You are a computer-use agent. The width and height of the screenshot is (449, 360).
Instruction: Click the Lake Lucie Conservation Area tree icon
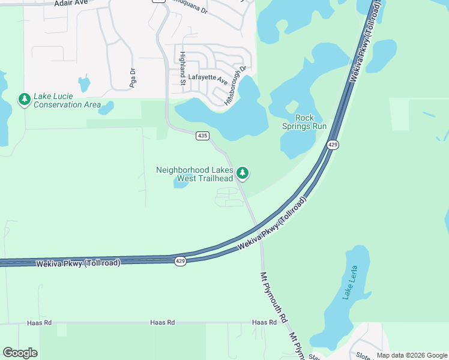(x=24, y=99)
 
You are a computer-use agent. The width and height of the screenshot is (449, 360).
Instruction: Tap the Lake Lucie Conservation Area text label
(x=67, y=101)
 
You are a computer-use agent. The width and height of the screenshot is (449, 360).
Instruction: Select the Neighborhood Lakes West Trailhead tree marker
(x=243, y=173)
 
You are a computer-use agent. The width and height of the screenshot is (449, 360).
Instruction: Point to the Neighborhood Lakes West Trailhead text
(x=194, y=174)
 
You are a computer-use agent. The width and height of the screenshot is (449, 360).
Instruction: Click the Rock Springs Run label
(x=304, y=122)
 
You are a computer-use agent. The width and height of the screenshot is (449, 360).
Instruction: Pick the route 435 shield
(x=202, y=136)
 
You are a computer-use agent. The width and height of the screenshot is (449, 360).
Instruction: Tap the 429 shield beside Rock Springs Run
(x=333, y=145)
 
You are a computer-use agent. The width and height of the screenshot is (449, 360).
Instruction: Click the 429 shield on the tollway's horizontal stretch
(x=180, y=261)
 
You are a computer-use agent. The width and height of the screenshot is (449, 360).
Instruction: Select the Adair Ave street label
(x=71, y=3)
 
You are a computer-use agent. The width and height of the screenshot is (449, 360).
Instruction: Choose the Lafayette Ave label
(x=208, y=78)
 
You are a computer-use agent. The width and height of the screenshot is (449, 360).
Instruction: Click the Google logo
(x=20, y=353)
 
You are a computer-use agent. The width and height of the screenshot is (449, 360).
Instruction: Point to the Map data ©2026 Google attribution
(x=412, y=356)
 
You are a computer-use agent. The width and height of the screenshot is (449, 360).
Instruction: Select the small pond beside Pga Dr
(x=84, y=83)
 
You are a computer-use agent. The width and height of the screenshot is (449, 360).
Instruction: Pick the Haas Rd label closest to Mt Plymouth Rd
(x=264, y=323)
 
